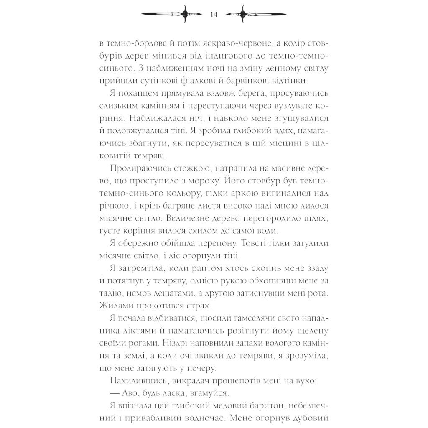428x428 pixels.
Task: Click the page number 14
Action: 214,15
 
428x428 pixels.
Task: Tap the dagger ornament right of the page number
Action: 255,15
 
